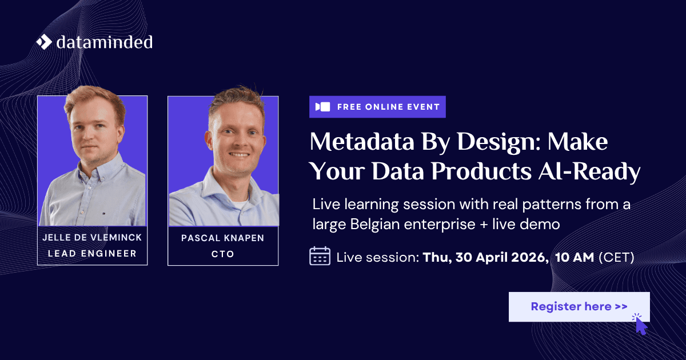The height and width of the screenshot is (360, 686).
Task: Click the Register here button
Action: pos(579,307)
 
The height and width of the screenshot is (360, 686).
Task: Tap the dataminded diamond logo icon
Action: pos(45,42)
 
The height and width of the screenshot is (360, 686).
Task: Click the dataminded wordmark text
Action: pos(105,42)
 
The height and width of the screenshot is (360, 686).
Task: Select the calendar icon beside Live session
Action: pos(320,255)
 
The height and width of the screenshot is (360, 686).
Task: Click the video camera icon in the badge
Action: pos(323,107)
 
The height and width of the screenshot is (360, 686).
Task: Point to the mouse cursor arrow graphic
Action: pos(641,325)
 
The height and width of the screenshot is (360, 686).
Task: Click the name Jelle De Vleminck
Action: pos(92,238)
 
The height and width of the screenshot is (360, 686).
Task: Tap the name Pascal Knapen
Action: pos(222,238)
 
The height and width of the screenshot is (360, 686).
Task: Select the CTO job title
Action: pos(222,254)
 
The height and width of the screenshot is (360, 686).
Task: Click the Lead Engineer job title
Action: pos(92,254)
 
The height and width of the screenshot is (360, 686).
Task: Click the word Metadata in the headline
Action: pos(362,142)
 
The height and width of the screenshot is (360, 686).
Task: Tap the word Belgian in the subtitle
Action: pos(374,225)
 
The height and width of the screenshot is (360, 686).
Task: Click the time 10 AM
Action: pos(575,257)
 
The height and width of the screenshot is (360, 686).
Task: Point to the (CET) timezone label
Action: pos(616,258)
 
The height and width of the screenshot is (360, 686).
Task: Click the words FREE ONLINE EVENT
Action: pos(388,107)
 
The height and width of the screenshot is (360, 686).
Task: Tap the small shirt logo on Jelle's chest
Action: pos(102,212)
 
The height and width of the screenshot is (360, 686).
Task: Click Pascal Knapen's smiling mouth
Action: pos(239,155)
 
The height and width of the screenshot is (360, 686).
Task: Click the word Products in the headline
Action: pos(481,171)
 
